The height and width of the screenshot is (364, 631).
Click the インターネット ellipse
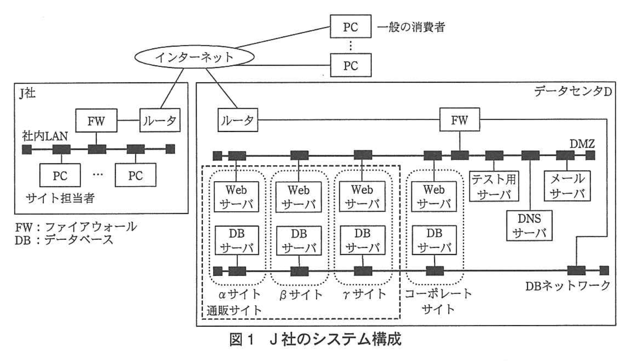194,57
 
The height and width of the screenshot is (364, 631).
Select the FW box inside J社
96,120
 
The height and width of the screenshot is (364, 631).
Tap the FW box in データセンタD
459,120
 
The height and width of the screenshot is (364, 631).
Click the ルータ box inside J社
159,120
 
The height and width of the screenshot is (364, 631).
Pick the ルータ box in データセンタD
237,120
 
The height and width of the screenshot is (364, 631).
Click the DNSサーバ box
529,226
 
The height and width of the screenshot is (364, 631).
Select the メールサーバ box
567,186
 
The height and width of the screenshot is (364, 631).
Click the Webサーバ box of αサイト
236,197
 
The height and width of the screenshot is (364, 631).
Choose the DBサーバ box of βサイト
299,241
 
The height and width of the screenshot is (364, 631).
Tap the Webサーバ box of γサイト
362,197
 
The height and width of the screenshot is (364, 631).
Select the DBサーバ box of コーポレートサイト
434,240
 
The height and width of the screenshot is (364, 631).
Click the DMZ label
582,144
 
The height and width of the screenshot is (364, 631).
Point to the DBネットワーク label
567,286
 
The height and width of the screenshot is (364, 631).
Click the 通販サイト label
234,310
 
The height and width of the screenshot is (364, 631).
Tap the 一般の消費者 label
411,27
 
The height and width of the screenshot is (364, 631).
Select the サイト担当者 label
60,198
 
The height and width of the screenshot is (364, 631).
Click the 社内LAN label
45,136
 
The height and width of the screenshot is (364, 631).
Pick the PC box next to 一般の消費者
351,27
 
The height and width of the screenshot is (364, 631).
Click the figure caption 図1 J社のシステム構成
315,339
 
